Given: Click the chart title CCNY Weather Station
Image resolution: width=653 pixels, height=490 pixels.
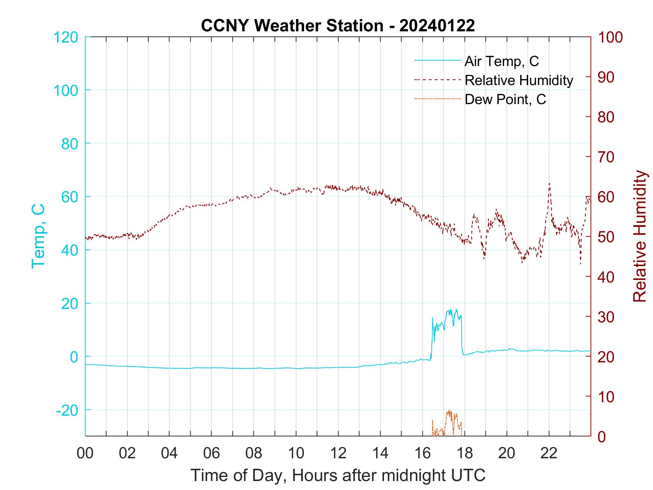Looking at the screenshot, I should pyautogui.click(x=338, y=26).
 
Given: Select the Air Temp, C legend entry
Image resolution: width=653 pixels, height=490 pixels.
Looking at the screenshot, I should pyautogui.click(x=502, y=61).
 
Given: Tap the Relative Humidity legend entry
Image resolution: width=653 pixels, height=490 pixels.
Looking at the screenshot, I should pyautogui.click(x=519, y=80).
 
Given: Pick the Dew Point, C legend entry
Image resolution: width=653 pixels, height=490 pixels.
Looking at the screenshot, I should pyautogui.click(x=505, y=100).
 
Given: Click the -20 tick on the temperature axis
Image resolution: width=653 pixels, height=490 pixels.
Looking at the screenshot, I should pyautogui.click(x=67, y=410).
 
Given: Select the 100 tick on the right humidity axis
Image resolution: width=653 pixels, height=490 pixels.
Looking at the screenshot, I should pyautogui.click(x=610, y=37).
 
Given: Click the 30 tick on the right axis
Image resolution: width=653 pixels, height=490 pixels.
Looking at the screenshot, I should pyautogui.click(x=606, y=317).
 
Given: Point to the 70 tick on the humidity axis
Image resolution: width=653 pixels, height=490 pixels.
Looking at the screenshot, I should pyautogui.click(x=606, y=157).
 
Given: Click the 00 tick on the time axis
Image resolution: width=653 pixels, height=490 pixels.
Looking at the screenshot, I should pyautogui.click(x=85, y=453).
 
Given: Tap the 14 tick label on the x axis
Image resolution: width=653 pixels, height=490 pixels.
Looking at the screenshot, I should pyautogui.click(x=380, y=453).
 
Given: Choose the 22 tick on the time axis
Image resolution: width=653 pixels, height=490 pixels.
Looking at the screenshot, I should pyautogui.click(x=549, y=453).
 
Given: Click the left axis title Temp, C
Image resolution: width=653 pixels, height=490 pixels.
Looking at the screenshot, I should pyautogui.click(x=38, y=236).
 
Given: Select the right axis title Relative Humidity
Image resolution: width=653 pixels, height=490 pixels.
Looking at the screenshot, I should pyautogui.click(x=640, y=236).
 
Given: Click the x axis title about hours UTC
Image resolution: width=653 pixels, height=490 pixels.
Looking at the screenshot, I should pyautogui.click(x=338, y=475).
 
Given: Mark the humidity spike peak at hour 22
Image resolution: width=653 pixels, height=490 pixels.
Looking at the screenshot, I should pyautogui.click(x=549, y=183).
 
